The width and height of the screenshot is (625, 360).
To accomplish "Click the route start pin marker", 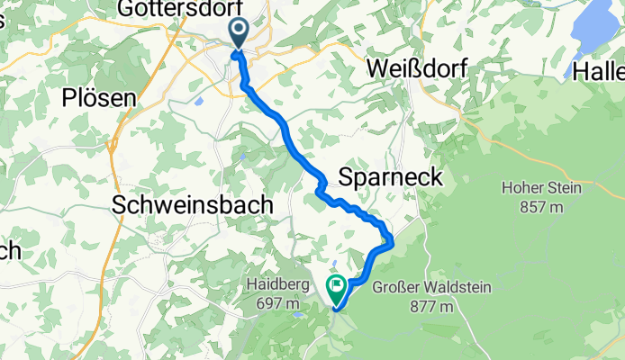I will point(239,34).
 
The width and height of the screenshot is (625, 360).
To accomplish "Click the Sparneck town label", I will point(390,177).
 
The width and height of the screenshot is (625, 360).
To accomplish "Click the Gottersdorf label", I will point(172,9).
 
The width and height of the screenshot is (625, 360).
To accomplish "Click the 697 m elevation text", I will point(272,304).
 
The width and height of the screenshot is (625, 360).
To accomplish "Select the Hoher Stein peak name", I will point(541,189).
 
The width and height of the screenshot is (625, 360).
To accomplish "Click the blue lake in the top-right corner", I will point(591,36).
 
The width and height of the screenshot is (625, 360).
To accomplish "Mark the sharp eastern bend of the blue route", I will point(391,238).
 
